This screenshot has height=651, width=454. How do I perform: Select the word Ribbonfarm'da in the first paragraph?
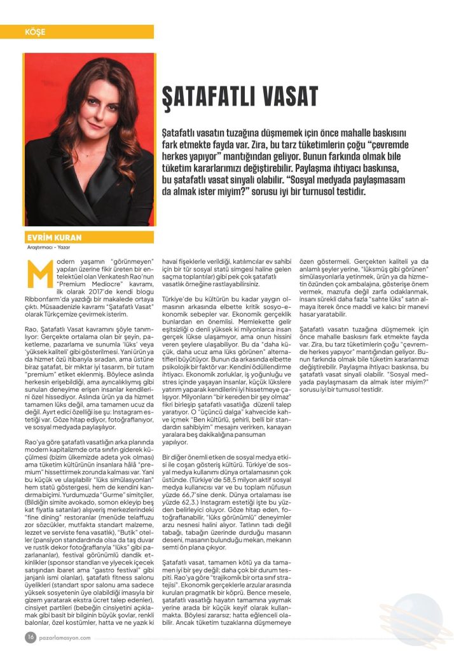(x=46, y=296)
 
